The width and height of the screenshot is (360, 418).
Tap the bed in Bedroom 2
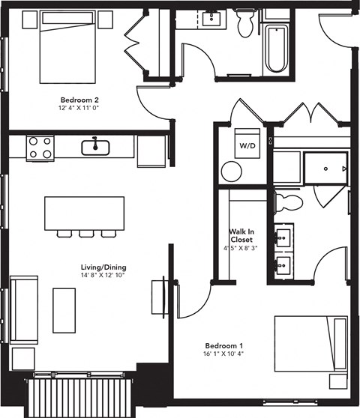pyautogui.click(x=66, y=49)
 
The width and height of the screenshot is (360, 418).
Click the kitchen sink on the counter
pyautogui.click(x=95, y=147)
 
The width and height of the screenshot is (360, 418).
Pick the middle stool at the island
pyautogui.click(x=86, y=234)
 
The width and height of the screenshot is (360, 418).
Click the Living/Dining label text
pyautogui.click(x=103, y=267)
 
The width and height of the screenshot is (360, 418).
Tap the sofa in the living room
pyautogui.click(x=22, y=311)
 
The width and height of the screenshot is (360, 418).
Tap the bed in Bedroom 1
pyautogui.click(x=310, y=343)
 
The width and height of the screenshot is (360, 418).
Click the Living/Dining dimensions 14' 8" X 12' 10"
pyautogui.click(x=103, y=276)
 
